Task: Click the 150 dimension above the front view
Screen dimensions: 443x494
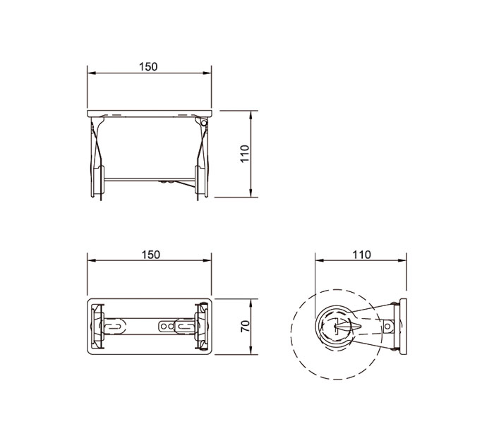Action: tap(148, 66)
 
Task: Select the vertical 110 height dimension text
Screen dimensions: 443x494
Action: tap(245, 154)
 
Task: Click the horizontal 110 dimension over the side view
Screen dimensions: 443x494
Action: tap(360, 255)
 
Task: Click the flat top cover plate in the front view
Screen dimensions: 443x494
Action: tap(150, 113)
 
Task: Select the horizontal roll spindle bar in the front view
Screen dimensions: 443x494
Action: tap(150, 178)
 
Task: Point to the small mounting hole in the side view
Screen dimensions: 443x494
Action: tap(387, 326)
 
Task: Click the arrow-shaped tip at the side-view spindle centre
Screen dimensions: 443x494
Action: tap(342, 326)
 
